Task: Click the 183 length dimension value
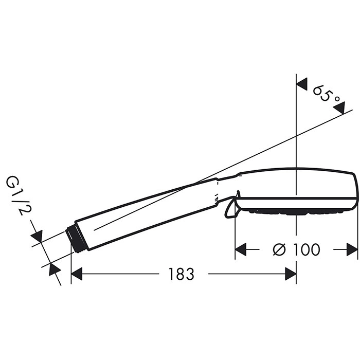click(182, 274)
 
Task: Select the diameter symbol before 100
click(279, 249)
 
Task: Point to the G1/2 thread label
click(15, 195)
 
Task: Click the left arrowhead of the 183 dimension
click(77, 274)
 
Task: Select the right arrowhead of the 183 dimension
click(291, 274)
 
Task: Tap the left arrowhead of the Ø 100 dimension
click(241, 249)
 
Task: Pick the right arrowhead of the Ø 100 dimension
click(352, 249)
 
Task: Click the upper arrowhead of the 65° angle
click(302, 84)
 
